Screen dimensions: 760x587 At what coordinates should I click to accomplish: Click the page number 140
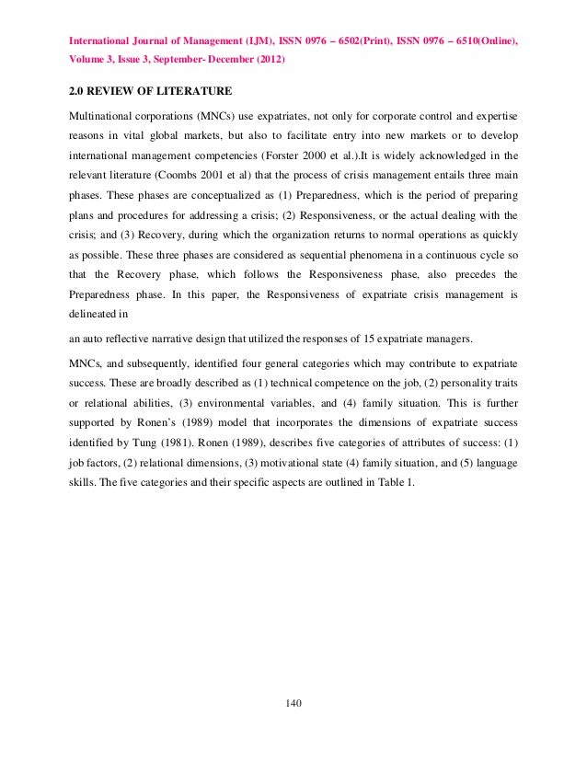coord(293,705)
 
